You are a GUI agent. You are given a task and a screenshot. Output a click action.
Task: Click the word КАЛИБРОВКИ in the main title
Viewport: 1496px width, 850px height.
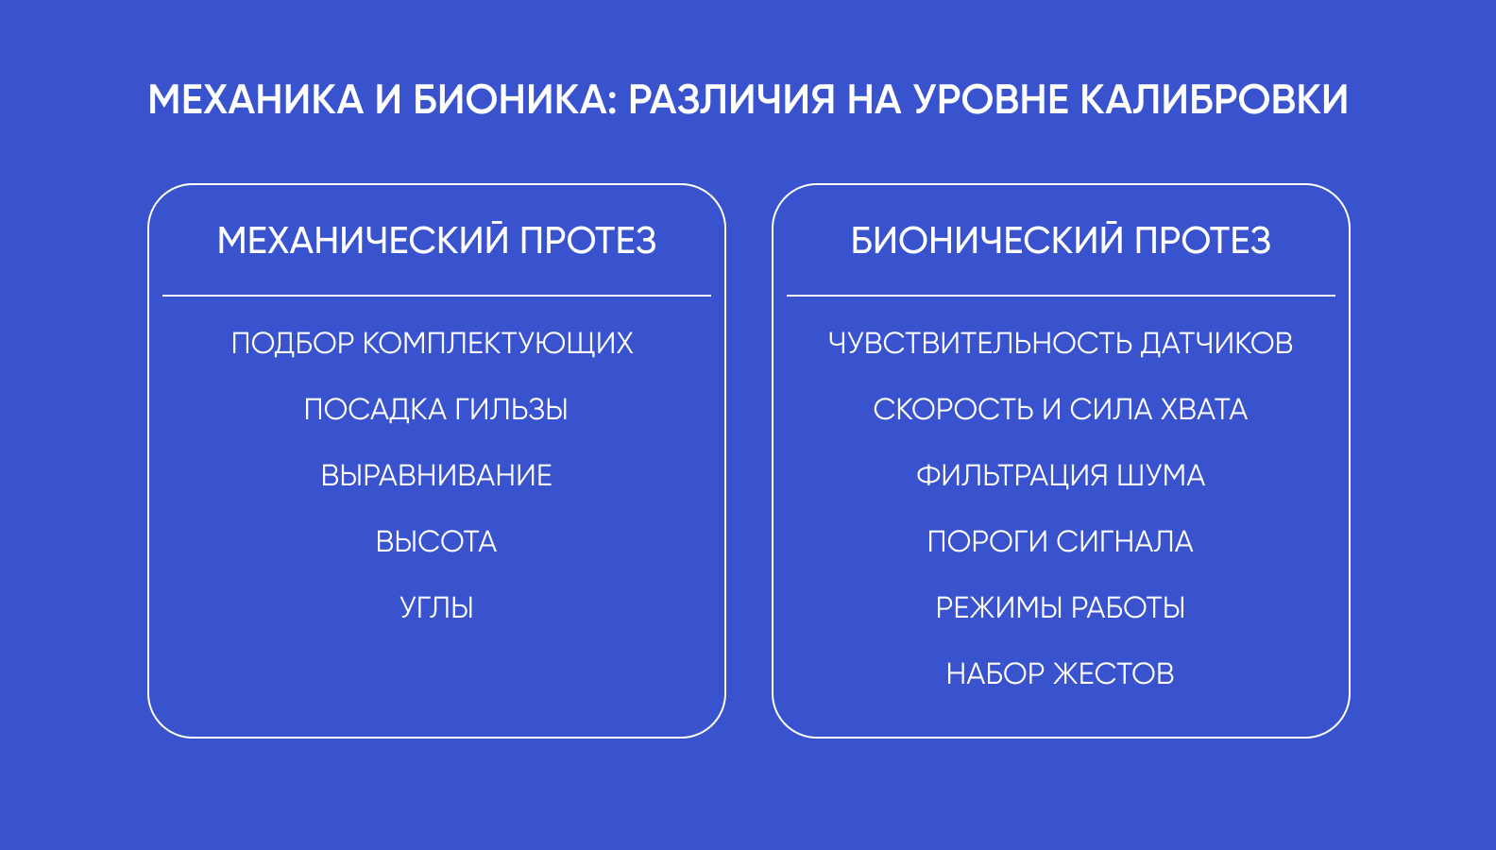pos(1215,99)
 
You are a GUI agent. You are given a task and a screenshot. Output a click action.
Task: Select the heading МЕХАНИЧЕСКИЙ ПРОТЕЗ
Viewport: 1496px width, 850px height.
pos(436,240)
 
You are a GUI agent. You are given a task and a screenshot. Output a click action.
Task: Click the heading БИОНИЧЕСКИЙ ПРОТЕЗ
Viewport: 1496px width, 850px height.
pos(1061,240)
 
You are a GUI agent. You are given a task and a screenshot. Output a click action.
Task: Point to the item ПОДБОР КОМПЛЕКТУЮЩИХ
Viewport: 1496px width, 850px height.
pos(433,343)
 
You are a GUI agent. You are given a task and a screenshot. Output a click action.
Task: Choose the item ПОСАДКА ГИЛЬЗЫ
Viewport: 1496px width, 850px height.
pos(436,409)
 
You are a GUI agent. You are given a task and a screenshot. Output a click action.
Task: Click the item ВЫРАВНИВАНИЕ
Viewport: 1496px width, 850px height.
pos(436,475)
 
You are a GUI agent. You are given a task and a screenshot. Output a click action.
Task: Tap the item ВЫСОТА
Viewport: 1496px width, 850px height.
pos(436,541)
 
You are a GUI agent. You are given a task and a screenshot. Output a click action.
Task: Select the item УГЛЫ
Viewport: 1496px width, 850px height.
pos(436,607)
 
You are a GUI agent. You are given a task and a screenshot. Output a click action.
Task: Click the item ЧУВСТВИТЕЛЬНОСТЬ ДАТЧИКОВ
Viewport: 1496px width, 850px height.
pos(1061,343)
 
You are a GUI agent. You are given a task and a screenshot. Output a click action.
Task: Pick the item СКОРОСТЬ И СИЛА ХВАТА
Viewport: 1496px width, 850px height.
pos(1061,409)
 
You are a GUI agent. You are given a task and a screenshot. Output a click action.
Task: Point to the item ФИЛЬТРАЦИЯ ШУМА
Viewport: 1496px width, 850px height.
pos(1061,475)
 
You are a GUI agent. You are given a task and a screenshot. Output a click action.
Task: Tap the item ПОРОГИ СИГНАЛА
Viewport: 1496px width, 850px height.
pos(1061,541)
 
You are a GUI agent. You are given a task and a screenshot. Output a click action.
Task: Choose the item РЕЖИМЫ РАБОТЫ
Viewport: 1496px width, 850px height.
pos(1061,607)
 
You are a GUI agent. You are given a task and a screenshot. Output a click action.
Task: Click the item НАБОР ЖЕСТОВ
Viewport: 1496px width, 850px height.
pos(1061,673)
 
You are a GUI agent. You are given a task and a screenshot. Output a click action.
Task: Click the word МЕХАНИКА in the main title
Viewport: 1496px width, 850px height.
pos(255,99)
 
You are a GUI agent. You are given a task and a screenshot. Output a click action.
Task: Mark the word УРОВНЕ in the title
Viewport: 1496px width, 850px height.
pos(991,99)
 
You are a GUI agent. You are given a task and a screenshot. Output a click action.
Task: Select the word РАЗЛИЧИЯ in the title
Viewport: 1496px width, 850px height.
pos(731,99)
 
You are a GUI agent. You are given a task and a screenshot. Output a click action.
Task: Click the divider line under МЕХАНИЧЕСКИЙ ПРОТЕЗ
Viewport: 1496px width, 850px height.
pos(436,295)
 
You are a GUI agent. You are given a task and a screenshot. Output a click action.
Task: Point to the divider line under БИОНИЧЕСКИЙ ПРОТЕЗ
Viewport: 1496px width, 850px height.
pos(1061,295)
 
